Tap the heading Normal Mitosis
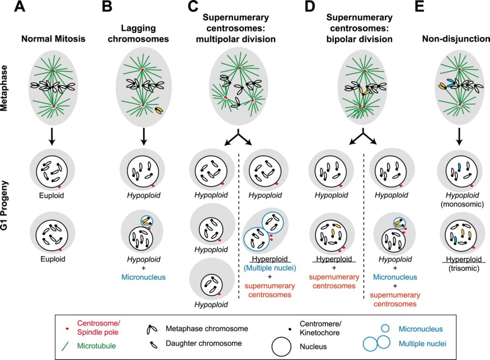click(54, 39)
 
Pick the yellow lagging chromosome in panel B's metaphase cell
click(159, 110)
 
